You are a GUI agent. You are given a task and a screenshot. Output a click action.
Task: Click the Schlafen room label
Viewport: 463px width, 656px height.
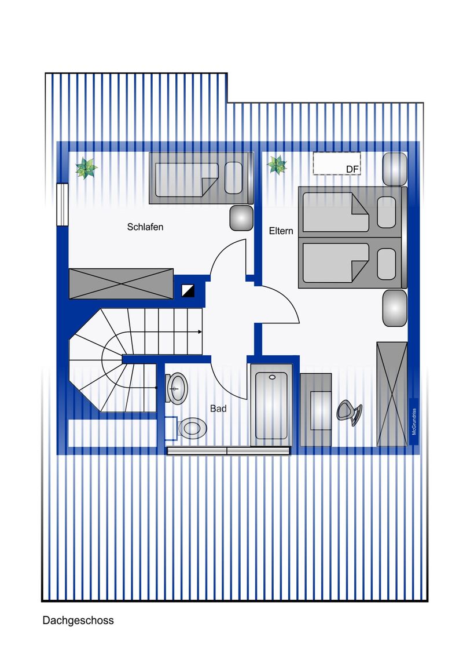pyautogui.click(x=145, y=227)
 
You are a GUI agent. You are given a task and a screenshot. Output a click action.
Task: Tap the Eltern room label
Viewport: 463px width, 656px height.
pyautogui.click(x=281, y=231)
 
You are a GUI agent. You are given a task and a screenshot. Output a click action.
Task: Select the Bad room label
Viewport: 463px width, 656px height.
pyautogui.click(x=218, y=409)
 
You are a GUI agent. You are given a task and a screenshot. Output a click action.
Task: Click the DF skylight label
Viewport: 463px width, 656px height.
pyautogui.click(x=352, y=169)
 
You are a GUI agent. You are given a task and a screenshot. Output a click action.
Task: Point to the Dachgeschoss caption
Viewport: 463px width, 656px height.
pyautogui.click(x=78, y=620)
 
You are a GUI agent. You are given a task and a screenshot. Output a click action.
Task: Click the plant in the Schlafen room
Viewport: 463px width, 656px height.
pyautogui.click(x=86, y=168)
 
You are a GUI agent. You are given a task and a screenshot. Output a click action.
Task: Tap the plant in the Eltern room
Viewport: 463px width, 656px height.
pyautogui.click(x=277, y=164)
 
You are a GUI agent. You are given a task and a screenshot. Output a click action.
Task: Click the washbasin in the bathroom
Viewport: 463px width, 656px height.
pyautogui.click(x=177, y=388)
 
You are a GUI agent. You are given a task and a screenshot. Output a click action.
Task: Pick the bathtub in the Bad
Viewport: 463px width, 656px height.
pyautogui.click(x=271, y=404)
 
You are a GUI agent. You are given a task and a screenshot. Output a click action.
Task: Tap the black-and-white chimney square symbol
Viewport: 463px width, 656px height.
pyautogui.click(x=188, y=290)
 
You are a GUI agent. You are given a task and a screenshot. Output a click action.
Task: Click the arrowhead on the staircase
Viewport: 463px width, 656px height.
pyautogui.click(x=200, y=331)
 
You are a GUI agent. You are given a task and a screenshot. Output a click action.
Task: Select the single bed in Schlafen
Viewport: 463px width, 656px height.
pyautogui.click(x=201, y=178)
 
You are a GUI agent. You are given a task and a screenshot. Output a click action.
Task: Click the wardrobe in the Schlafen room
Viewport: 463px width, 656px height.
pyautogui.click(x=121, y=283)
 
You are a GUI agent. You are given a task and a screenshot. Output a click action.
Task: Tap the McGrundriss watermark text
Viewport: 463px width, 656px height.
pyautogui.click(x=414, y=421)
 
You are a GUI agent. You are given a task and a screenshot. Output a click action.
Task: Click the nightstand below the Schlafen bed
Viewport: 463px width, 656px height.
pyautogui.click(x=241, y=217)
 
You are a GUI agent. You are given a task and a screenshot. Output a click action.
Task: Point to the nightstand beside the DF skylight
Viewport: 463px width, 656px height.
pyautogui.click(x=395, y=169)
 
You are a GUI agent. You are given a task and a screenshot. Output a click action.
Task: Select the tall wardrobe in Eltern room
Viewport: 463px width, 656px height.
pyautogui.click(x=392, y=394)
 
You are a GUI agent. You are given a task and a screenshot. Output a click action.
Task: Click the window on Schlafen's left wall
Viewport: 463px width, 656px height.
pyautogui.click(x=63, y=205)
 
